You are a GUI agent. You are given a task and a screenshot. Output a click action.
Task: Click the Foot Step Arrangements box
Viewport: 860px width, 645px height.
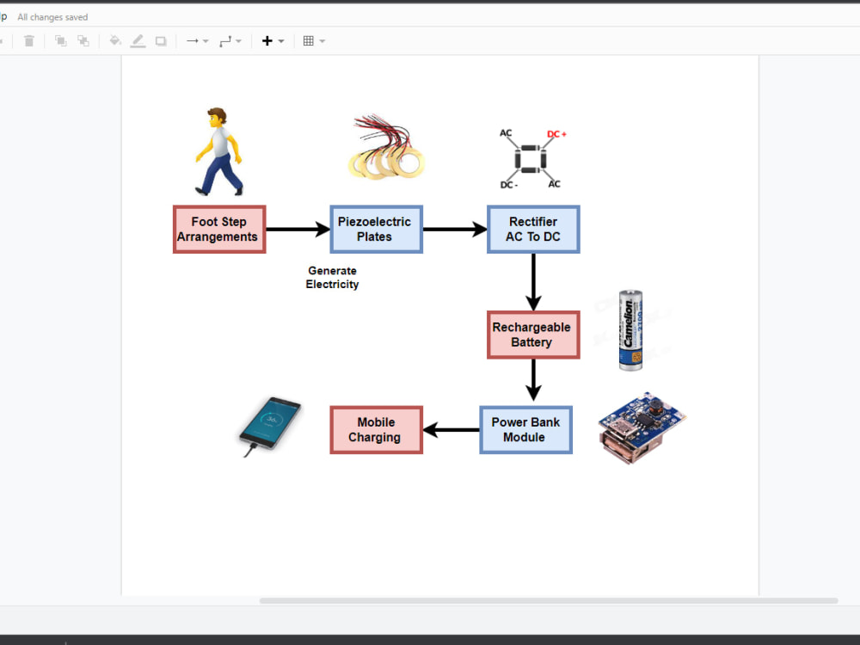click(x=219, y=229)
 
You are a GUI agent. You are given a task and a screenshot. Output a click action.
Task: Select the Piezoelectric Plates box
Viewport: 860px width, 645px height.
click(x=376, y=229)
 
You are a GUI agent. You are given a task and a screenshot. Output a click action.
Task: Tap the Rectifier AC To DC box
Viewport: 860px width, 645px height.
click(x=533, y=229)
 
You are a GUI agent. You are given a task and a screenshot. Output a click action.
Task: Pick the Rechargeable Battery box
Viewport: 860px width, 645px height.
click(x=531, y=335)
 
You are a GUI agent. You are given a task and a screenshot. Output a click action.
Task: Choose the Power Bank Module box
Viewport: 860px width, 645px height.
click(x=525, y=430)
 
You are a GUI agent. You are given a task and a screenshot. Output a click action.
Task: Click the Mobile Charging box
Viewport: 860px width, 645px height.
click(x=376, y=430)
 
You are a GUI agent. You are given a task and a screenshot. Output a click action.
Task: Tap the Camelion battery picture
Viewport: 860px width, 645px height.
click(x=631, y=330)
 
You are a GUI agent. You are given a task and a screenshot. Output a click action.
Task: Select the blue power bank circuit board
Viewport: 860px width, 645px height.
click(x=642, y=427)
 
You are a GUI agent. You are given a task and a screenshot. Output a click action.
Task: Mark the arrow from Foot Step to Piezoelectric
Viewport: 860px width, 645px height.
click(x=298, y=229)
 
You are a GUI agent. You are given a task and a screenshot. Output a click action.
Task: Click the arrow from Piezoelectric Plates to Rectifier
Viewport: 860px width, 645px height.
click(x=455, y=229)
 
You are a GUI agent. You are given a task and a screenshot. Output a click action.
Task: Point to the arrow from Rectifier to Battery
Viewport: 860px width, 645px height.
click(x=533, y=281)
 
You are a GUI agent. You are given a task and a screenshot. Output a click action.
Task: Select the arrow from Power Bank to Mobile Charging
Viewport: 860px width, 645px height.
click(x=451, y=430)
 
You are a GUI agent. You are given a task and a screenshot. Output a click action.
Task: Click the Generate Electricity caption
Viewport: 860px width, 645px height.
click(x=332, y=277)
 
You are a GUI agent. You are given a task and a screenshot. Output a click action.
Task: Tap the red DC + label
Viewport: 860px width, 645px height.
click(x=556, y=134)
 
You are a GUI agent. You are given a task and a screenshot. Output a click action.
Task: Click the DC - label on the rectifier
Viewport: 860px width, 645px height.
click(x=508, y=185)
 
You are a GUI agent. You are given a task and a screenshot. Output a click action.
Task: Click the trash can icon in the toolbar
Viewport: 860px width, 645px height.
click(x=29, y=40)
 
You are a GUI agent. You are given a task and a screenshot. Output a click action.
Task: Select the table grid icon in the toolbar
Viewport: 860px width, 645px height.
click(x=309, y=40)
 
